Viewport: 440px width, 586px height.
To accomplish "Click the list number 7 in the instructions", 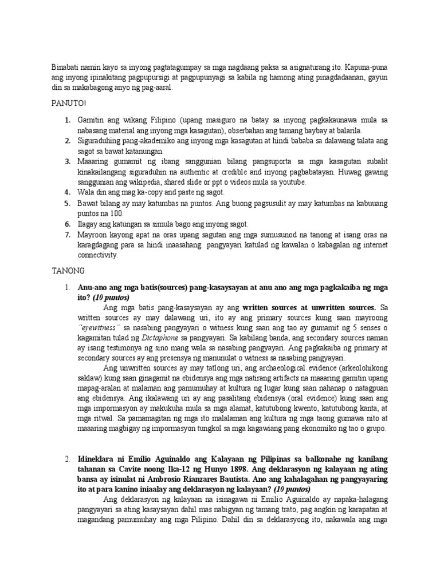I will (x=67, y=235).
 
